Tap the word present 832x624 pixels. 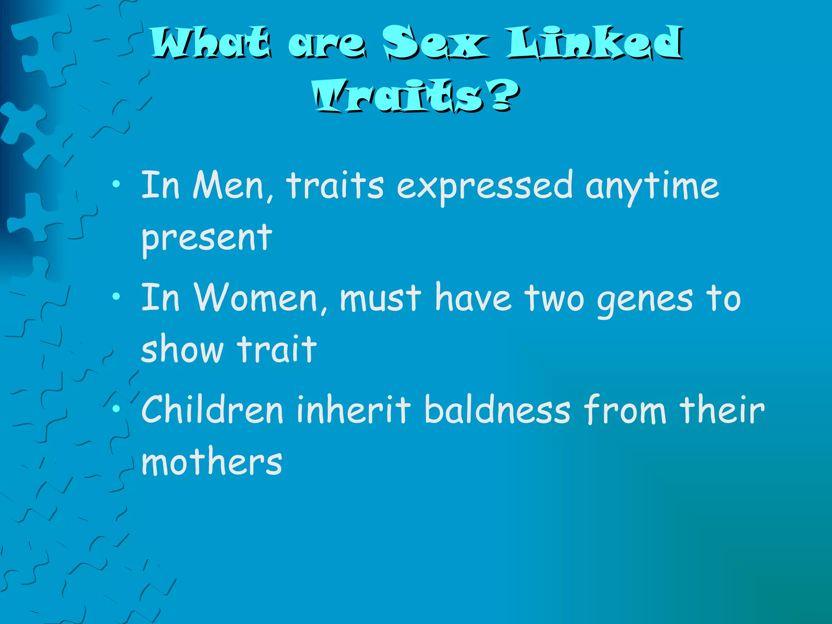point(206,239)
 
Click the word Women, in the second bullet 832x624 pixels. point(260,299)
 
